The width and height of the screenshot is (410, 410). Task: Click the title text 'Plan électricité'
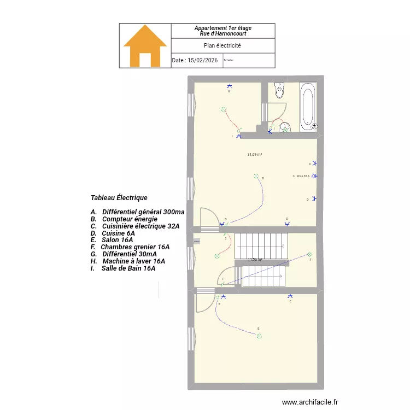(x=222, y=46)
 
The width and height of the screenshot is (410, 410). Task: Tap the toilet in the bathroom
(x=280, y=90)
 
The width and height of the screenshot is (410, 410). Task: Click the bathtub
(x=308, y=107)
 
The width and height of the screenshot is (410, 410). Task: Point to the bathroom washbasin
(x=285, y=128)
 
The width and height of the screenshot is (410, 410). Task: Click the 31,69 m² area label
(x=255, y=155)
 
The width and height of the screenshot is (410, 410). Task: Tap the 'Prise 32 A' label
(x=302, y=176)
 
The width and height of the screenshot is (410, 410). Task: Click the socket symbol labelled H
(x=229, y=86)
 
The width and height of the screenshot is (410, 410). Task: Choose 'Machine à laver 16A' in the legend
(x=133, y=261)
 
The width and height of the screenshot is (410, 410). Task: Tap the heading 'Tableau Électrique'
(x=119, y=197)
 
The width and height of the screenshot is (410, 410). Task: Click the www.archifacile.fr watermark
(x=310, y=402)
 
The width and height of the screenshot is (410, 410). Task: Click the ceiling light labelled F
(x=310, y=254)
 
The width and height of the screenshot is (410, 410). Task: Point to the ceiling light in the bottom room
(x=258, y=335)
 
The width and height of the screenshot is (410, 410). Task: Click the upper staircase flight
(x=261, y=245)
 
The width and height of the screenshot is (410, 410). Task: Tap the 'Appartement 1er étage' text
(x=222, y=28)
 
